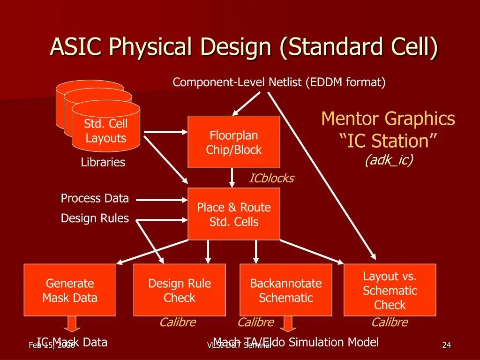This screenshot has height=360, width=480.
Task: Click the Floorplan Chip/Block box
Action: click(x=234, y=142)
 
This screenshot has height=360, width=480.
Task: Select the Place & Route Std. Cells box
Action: click(x=234, y=214)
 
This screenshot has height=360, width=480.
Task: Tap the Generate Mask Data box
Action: click(x=70, y=290)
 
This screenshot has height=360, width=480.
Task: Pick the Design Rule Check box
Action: click(x=180, y=290)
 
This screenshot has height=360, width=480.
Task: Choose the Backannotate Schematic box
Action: click(x=286, y=290)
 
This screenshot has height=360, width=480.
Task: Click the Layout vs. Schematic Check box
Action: click(x=390, y=290)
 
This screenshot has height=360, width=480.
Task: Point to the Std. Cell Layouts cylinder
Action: click(x=106, y=131)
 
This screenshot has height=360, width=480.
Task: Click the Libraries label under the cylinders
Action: click(x=103, y=163)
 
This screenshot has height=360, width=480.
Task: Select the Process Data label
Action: click(x=95, y=198)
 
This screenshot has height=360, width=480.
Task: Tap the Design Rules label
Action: click(x=95, y=218)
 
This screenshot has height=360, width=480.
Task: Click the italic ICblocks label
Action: click(x=271, y=179)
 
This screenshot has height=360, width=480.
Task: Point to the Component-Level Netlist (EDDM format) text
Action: click(x=279, y=82)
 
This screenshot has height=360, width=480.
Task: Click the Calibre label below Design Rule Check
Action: click(x=178, y=322)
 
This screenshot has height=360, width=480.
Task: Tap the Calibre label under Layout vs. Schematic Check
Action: click(x=390, y=322)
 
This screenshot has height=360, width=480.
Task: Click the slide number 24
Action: click(x=447, y=345)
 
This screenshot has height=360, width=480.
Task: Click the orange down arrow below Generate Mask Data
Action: click(x=72, y=323)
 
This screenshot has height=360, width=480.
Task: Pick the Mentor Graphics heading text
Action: click(x=388, y=119)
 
